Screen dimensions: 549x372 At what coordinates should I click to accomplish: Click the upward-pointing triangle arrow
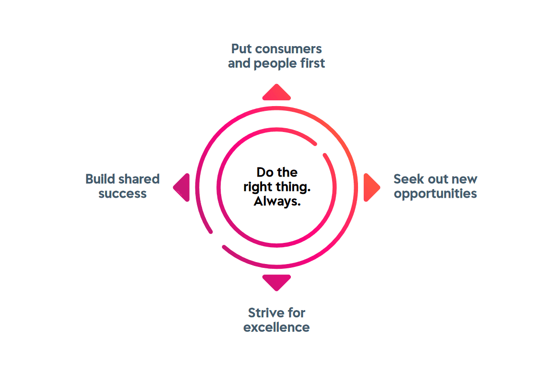pyautogui.click(x=276, y=93)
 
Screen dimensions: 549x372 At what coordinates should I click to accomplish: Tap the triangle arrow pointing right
pyautogui.click(x=371, y=187)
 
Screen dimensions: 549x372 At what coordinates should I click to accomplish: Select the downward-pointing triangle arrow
pyautogui.click(x=276, y=282)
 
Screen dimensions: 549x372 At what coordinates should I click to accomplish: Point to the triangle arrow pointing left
pyautogui.click(x=182, y=187)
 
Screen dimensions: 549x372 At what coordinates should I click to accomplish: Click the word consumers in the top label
pyautogui.click(x=288, y=49)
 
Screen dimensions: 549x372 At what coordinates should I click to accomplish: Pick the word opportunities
pyautogui.click(x=435, y=194)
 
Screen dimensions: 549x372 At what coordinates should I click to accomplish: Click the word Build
pyautogui.click(x=100, y=179)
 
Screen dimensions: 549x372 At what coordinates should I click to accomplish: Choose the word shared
pyautogui.click(x=139, y=179)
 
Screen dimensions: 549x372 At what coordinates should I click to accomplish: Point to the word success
pyautogui.click(x=122, y=194)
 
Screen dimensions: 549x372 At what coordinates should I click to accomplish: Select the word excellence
pyautogui.click(x=276, y=327)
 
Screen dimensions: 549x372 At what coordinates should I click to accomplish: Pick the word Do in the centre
pyautogui.click(x=265, y=172)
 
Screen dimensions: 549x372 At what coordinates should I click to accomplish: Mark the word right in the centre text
pyautogui.click(x=258, y=187)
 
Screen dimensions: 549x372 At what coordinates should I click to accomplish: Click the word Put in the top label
pyautogui.click(x=241, y=48)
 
